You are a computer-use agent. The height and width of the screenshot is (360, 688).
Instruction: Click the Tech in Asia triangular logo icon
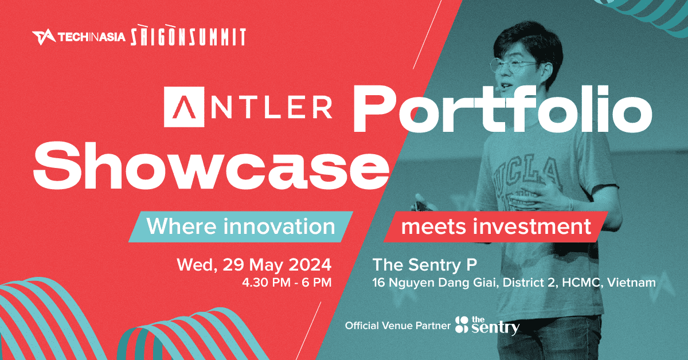(x=44, y=37)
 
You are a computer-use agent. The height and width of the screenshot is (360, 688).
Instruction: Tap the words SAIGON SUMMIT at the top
(x=188, y=36)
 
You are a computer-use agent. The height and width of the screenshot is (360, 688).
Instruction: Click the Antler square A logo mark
(x=184, y=107)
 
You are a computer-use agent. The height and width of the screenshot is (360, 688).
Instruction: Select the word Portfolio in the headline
(x=503, y=108)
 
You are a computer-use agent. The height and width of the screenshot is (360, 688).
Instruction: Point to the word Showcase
(x=211, y=166)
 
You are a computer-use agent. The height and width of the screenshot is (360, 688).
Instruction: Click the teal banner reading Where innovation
(x=241, y=226)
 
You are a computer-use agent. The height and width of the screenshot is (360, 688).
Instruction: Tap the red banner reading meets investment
(x=496, y=226)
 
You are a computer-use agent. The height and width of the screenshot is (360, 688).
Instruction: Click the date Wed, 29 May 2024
(x=254, y=265)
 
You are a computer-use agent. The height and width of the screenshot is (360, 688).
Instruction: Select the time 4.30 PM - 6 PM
(x=287, y=283)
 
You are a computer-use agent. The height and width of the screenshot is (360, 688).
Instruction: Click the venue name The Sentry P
(x=424, y=265)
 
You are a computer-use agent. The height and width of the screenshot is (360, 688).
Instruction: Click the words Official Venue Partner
(x=397, y=326)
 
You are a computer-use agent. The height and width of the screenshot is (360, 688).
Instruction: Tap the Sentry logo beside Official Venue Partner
(x=487, y=326)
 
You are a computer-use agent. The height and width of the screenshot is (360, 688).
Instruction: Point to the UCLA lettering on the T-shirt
(x=526, y=174)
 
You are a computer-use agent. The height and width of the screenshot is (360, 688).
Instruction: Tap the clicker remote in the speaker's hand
(x=421, y=206)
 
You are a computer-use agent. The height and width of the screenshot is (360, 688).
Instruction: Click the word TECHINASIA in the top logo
(x=92, y=37)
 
